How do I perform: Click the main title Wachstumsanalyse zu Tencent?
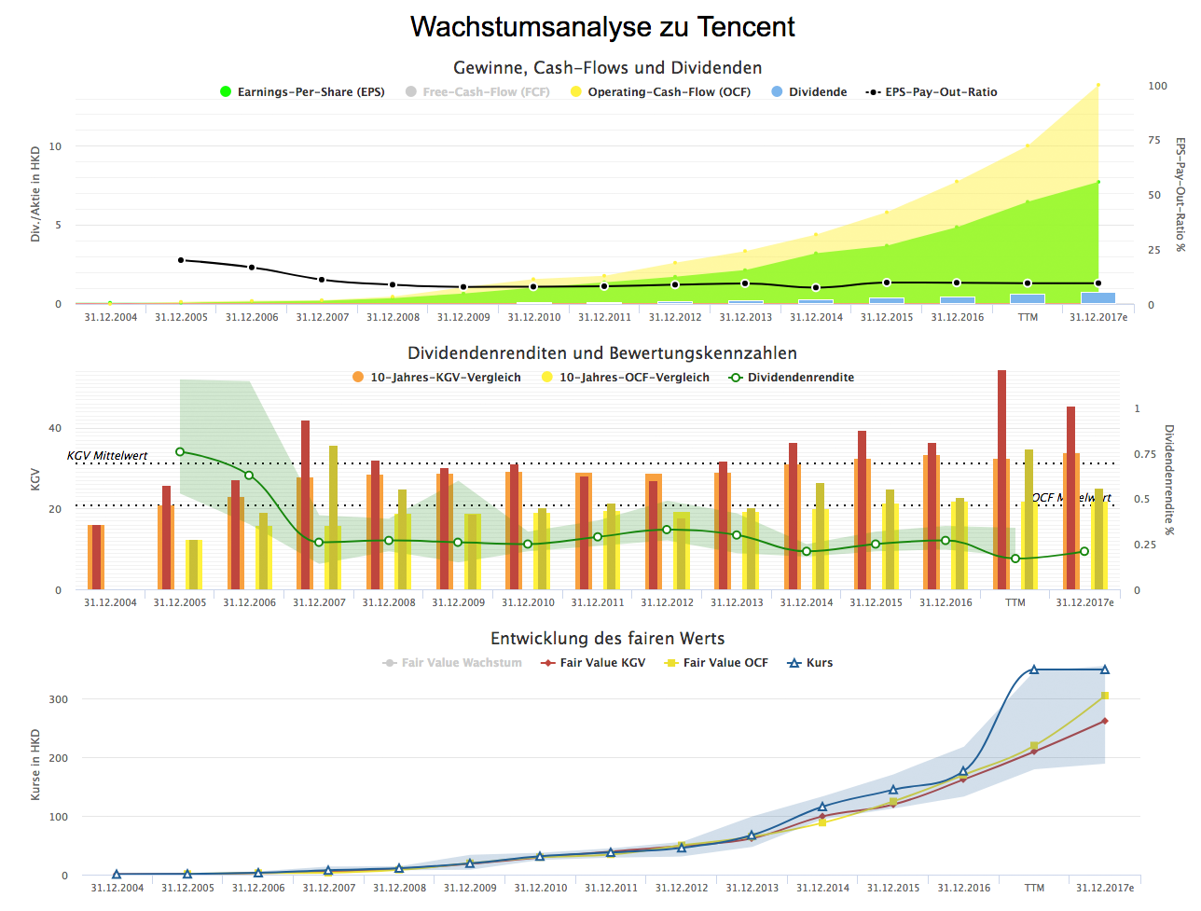[602, 27]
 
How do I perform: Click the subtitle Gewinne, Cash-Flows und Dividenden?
[607, 68]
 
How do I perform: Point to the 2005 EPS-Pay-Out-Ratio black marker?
[181, 260]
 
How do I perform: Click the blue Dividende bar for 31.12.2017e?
[1097, 298]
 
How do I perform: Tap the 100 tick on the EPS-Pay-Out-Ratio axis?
[1157, 86]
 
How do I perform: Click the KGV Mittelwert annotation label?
[107, 456]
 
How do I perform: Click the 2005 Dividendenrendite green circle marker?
[180, 452]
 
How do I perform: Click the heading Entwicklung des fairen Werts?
[607, 639]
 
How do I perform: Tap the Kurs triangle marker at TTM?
[1034, 669]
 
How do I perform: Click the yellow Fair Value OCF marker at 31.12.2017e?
[1105, 696]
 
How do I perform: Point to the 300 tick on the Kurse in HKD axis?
[59, 699]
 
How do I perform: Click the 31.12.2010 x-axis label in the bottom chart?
[541, 888]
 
